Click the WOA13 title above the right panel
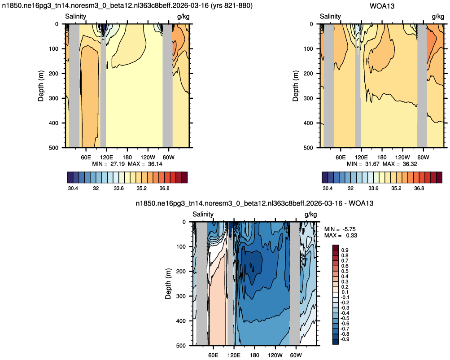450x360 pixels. point(382,6)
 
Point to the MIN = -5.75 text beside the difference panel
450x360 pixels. point(340,229)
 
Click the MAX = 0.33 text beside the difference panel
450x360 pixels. point(341,235)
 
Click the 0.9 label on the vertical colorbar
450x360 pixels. point(345,250)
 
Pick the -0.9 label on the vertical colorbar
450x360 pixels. point(344,339)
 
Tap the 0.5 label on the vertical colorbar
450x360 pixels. point(345,271)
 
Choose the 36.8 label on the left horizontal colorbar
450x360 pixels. point(164,189)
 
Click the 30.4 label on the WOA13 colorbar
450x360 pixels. point(328,189)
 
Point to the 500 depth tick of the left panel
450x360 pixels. point(53,148)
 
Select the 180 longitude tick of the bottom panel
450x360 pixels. point(254,355)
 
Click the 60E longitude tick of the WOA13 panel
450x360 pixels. point(341,157)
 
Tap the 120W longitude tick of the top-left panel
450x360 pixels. point(148,157)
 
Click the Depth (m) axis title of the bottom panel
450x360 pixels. point(168,284)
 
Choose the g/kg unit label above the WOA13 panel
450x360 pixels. point(438,17)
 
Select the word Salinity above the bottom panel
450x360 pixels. point(203,214)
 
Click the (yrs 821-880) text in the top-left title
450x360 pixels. point(232,6)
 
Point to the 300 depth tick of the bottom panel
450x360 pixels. point(181,296)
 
